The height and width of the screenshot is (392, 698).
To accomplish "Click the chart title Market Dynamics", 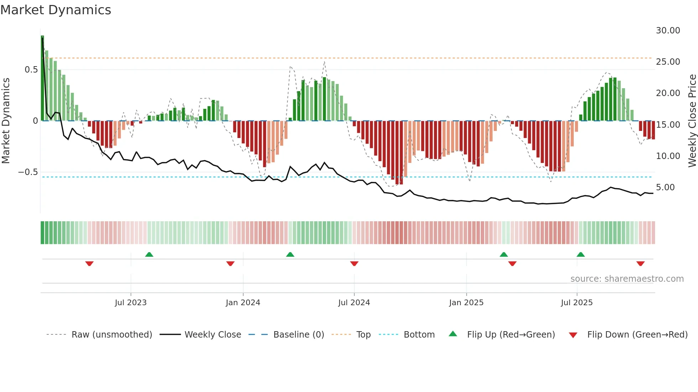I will (x=56, y=10).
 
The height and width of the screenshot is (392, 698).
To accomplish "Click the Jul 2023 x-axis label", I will (x=131, y=303).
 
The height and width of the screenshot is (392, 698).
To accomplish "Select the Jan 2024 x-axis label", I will (x=243, y=303).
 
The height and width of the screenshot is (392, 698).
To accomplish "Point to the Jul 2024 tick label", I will (x=354, y=303).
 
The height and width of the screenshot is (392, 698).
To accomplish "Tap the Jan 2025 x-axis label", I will (x=466, y=303).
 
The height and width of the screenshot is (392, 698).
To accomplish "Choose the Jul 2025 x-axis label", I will (x=577, y=303).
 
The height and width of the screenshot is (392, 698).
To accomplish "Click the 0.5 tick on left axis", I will (x=31, y=70).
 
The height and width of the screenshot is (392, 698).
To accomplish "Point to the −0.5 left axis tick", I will (x=28, y=172).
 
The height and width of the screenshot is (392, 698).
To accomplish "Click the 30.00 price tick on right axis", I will (x=668, y=31).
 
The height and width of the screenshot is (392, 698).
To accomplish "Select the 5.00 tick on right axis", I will (x=665, y=187).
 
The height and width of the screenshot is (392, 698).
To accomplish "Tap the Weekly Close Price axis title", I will (x=692, y=121).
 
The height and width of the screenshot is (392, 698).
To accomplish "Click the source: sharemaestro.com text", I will (x=627, y=279).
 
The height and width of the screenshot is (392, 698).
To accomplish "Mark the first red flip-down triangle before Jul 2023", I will (x=89, y=264).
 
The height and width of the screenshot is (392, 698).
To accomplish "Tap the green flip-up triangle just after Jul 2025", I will (x=580, y=254).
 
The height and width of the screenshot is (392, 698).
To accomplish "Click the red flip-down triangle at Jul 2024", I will (x=354, y=264).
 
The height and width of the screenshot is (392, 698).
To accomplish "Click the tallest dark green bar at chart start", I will (x=42, y=78).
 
